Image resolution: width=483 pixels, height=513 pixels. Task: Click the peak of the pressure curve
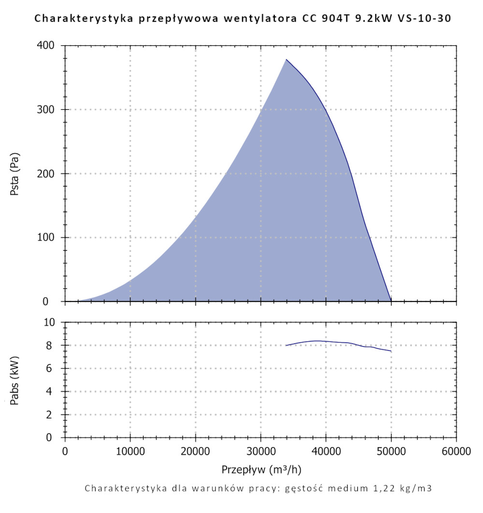pos(286,59)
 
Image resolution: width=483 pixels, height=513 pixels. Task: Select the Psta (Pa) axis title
pos(15,174)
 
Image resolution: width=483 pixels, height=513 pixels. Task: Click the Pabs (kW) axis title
pos(15,380)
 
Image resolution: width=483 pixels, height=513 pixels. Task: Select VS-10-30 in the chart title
pos(429,19)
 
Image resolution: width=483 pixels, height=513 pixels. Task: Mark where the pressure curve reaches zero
pos(391,301)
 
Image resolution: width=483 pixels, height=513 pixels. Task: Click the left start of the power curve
pos(286,345)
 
